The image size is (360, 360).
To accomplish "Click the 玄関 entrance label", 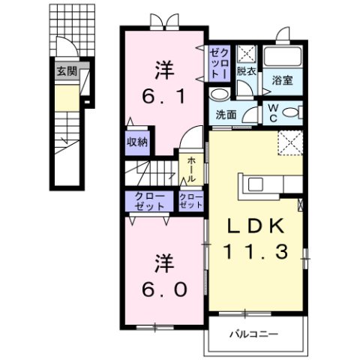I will tap(66, 72).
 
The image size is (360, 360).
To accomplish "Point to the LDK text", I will tap(255, 226).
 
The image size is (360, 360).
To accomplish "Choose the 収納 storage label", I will tap(138, 142).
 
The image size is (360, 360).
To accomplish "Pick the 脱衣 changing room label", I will tap(246, 72).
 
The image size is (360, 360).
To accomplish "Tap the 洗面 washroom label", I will tap(226, 115).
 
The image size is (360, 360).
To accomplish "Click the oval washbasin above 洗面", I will tap(220, 94).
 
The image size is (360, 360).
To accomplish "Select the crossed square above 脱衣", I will tap(246, 55).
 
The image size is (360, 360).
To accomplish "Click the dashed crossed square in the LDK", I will tap(289, 142).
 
